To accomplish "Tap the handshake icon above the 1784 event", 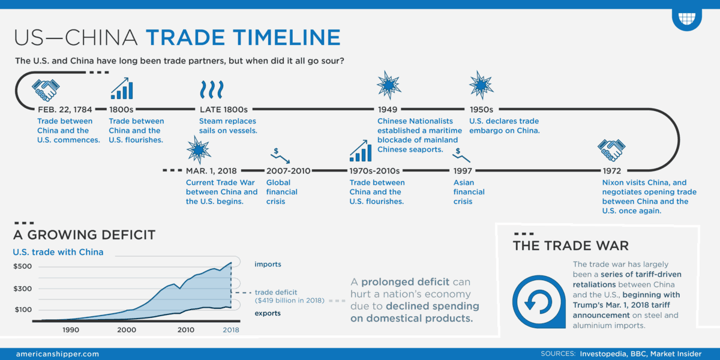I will click(x=46, y=90).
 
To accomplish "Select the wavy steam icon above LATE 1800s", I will click(x=211, y=90).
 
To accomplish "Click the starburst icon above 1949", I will click(x=389, y=85).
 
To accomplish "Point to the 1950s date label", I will click(x=480, y=110).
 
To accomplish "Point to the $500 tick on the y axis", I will click(x=22, y=266).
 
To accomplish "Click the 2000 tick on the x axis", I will click(x=126, y=330).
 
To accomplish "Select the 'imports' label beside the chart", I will click(x=268, y=264).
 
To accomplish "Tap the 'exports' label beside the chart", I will click(x=268, y=313).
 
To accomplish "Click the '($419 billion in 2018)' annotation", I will click(x=289, y=300).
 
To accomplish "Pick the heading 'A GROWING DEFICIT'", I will click(x=84, y=235).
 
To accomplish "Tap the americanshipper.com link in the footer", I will click(x=58, y=354).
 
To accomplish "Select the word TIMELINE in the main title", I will click(x=281, y=38).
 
